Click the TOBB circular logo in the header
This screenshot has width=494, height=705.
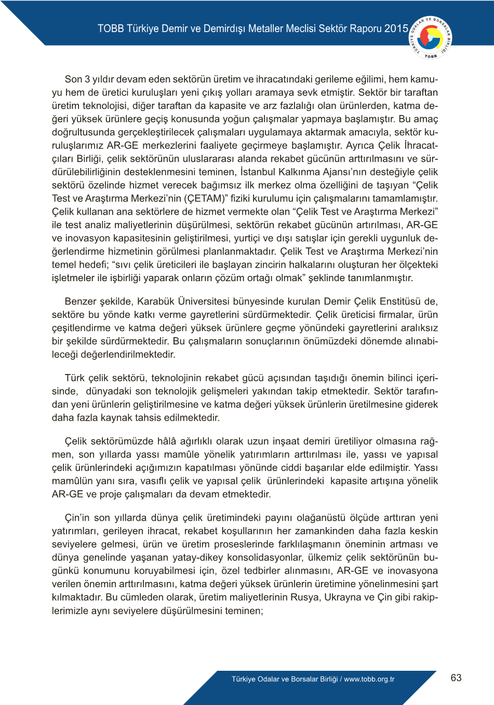(x=431, y=37)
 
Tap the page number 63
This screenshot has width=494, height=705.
(x=456, y=678)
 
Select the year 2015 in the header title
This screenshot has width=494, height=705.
(x=396, y=29)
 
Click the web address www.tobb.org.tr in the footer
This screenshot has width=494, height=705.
(x=369, y=679)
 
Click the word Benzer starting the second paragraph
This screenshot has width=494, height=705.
(x=80, y=301)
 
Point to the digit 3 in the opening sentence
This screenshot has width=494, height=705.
(x=87, y=79)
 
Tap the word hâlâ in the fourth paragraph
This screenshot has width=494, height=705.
(x=166, y=441)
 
